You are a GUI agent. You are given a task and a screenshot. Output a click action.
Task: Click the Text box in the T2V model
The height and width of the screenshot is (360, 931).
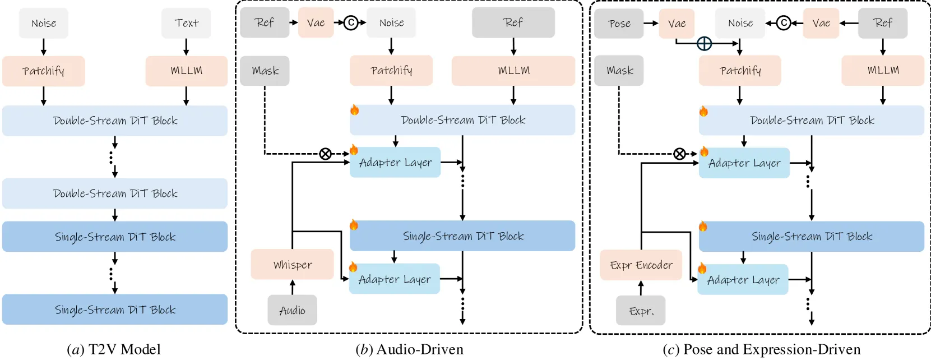186,23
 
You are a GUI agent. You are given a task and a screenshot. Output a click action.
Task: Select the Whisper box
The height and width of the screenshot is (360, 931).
292,264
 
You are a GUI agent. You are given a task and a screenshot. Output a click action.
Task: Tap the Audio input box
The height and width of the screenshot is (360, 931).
292,310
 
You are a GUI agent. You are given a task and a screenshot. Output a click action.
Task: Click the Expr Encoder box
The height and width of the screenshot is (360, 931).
641,265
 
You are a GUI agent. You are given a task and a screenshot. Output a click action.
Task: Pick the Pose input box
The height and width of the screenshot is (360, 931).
619,24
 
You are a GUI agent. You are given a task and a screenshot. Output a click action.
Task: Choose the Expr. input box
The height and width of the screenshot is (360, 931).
641,311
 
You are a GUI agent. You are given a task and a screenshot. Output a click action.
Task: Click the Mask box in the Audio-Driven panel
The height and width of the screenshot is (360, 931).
265,71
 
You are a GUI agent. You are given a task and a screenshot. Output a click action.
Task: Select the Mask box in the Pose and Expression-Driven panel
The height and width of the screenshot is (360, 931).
619,70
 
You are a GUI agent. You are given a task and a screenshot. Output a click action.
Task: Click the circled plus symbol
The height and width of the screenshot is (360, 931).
704,43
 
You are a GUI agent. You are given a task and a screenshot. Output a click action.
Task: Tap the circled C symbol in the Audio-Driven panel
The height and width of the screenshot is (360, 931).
351,22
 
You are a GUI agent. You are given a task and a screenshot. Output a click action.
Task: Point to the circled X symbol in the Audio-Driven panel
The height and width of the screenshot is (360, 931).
326,154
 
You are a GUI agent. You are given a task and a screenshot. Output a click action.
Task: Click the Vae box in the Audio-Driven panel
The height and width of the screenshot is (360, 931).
316,22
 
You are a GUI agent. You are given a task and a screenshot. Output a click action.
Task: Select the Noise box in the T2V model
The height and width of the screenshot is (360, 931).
44,23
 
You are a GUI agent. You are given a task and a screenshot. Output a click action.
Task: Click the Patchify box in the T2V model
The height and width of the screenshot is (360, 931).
44,71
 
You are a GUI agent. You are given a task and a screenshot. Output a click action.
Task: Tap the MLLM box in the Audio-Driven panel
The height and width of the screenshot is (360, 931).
513,70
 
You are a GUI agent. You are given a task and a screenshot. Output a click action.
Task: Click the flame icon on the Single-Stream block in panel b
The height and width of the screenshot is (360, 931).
354,225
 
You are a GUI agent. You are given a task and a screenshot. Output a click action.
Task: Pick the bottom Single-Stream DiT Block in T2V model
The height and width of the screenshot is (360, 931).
115,310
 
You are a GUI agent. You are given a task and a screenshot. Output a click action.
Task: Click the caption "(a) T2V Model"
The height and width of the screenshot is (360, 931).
114,349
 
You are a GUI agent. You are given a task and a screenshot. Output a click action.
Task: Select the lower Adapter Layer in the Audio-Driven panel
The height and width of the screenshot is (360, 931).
395,279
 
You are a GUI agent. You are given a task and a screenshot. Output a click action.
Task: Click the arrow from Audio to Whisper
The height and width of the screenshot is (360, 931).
292,288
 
